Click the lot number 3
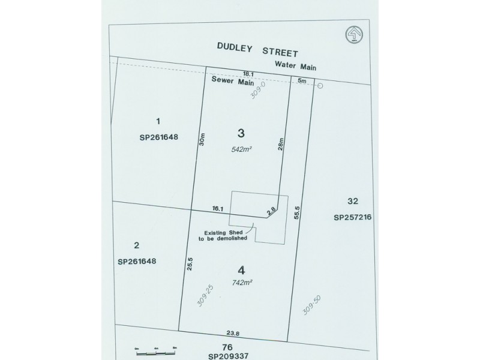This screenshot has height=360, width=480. click(241, 133)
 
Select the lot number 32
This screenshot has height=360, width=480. click(353, 202)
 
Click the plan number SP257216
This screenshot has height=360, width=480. click(353, 218)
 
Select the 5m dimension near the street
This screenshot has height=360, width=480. click(302, 80)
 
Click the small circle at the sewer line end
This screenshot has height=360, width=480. click(320, 86)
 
